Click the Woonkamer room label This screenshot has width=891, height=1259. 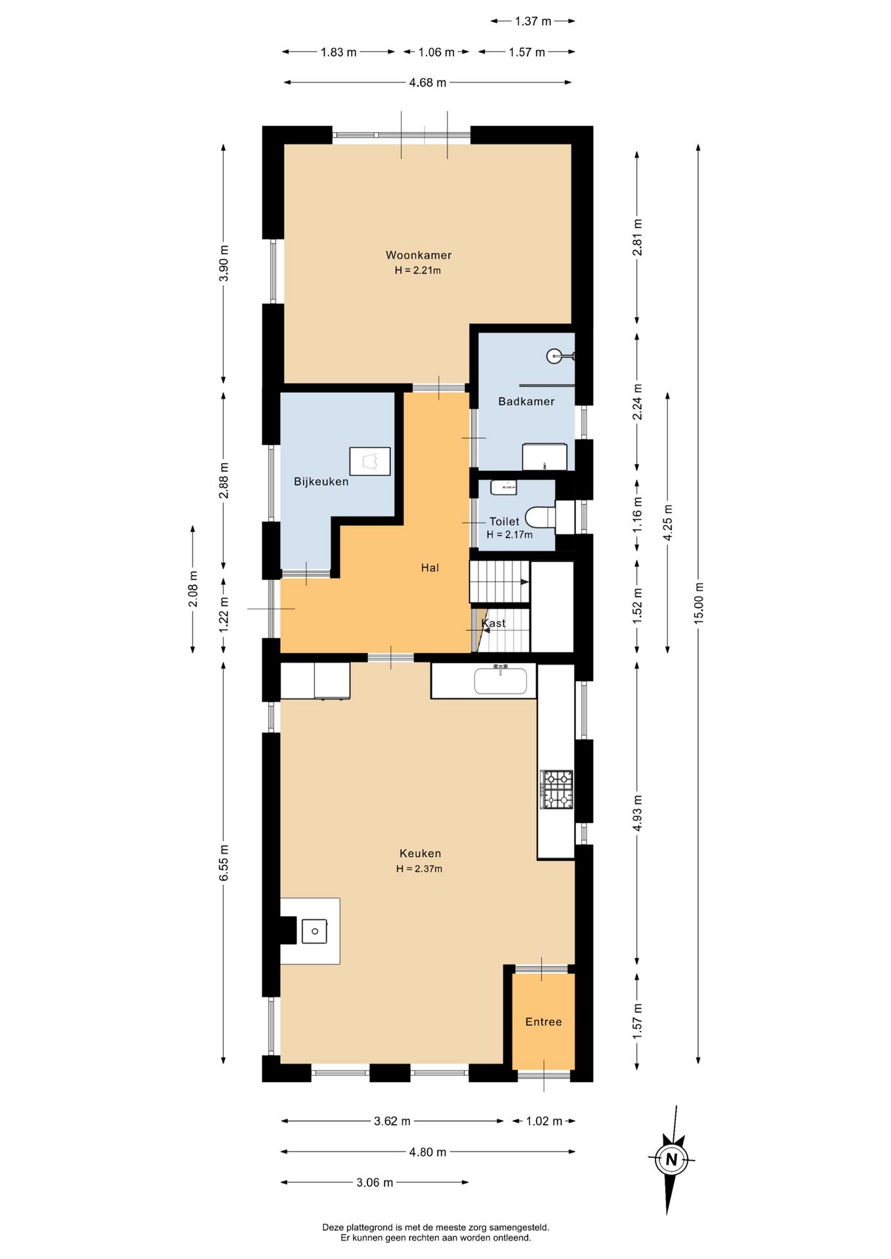(x=419, y=255)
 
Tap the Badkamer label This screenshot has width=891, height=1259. (x=526, y=401)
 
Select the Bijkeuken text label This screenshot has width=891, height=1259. (x=321, y=481)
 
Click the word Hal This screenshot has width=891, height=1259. (x=430, y=568)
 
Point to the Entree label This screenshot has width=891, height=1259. (x=543, y=1022)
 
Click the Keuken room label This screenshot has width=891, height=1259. (x=420, y=853)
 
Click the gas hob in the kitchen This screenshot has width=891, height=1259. (x=556, y=789)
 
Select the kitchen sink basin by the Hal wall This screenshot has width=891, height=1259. (x=500, y=680)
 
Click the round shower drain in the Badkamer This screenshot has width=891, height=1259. (x=554, y=356)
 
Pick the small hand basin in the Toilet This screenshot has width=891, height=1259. (x=503, y=487)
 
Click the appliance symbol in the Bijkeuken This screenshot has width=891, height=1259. (x=370, y=461)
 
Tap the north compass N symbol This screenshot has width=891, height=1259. (x=671, y=1159)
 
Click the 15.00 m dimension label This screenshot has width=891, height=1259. (x=699, y=602)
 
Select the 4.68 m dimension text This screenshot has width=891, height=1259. (x=427, y=83)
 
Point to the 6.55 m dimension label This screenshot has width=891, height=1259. (x=224, y=863)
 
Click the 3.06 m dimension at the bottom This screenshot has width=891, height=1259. (x=375, y=1182)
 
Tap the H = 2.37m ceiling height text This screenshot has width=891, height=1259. (x=419, y=869)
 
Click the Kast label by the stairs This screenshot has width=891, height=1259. (x=493, y=623)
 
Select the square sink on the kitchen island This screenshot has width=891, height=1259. (x=314, y=931)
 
